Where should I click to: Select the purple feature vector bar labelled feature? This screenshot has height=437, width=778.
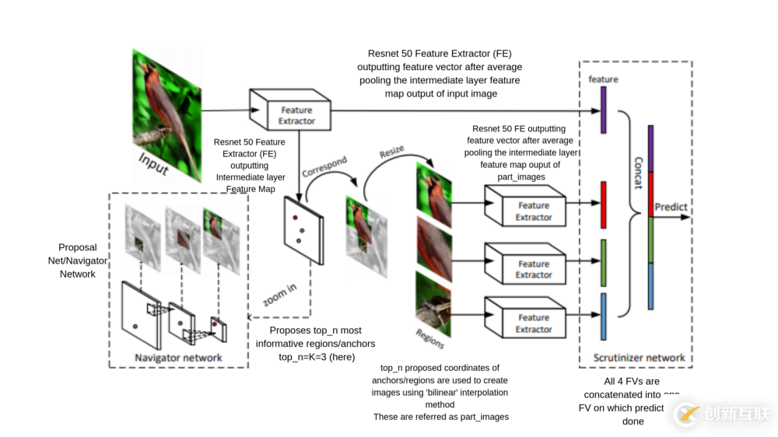coord(603,110)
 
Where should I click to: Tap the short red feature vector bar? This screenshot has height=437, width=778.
coord(603,205)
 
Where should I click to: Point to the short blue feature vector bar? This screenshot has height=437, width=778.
coord(603,316)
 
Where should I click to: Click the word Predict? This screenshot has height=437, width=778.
coord(671,207)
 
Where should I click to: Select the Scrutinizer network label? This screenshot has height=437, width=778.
coord(639,358)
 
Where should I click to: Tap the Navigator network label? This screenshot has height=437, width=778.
coord(178,358)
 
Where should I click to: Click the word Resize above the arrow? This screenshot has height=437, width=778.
coord(392,152)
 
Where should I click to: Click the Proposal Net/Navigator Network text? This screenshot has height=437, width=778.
coord(78,261)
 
